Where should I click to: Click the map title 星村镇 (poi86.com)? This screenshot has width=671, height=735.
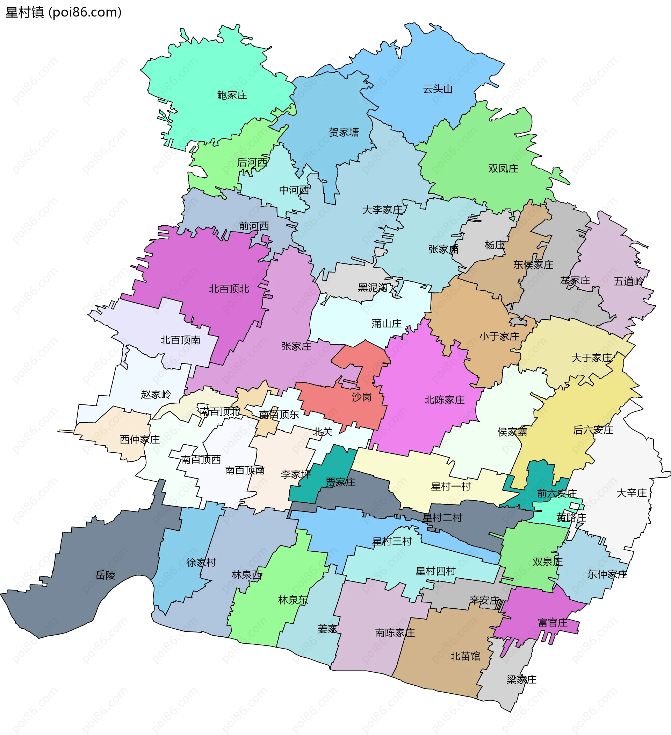coord(63,12)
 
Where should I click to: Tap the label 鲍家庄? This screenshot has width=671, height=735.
coord(232,95)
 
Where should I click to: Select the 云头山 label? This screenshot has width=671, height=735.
coord(438,89)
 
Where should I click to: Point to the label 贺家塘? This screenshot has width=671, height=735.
coord(344,132)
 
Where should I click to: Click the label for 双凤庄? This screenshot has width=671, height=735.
coord(503,168)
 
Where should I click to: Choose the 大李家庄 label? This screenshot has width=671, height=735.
coord(382,210)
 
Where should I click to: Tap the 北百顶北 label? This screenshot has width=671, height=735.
coord(229,289)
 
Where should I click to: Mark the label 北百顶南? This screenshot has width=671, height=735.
coord(180,340)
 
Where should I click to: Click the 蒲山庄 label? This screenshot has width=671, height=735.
coord(387,323)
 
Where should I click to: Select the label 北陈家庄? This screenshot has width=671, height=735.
coord(445,400)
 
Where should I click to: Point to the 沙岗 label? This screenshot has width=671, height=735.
coord(361,397)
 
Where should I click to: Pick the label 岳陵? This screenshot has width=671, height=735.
coord(105,575)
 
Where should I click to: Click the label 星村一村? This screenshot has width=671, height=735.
coord(450,486)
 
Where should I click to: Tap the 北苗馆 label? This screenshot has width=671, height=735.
coord(465,656)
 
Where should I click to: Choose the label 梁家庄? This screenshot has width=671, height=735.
coord(521,680)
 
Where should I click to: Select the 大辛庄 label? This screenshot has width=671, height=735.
coord(631,493)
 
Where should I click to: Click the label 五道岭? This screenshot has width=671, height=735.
coord(628,282)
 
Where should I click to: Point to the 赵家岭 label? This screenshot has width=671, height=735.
coord(156,394)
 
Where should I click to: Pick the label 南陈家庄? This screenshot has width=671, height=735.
coord(395,632)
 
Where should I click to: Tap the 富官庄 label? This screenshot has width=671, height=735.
coord(553,623)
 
